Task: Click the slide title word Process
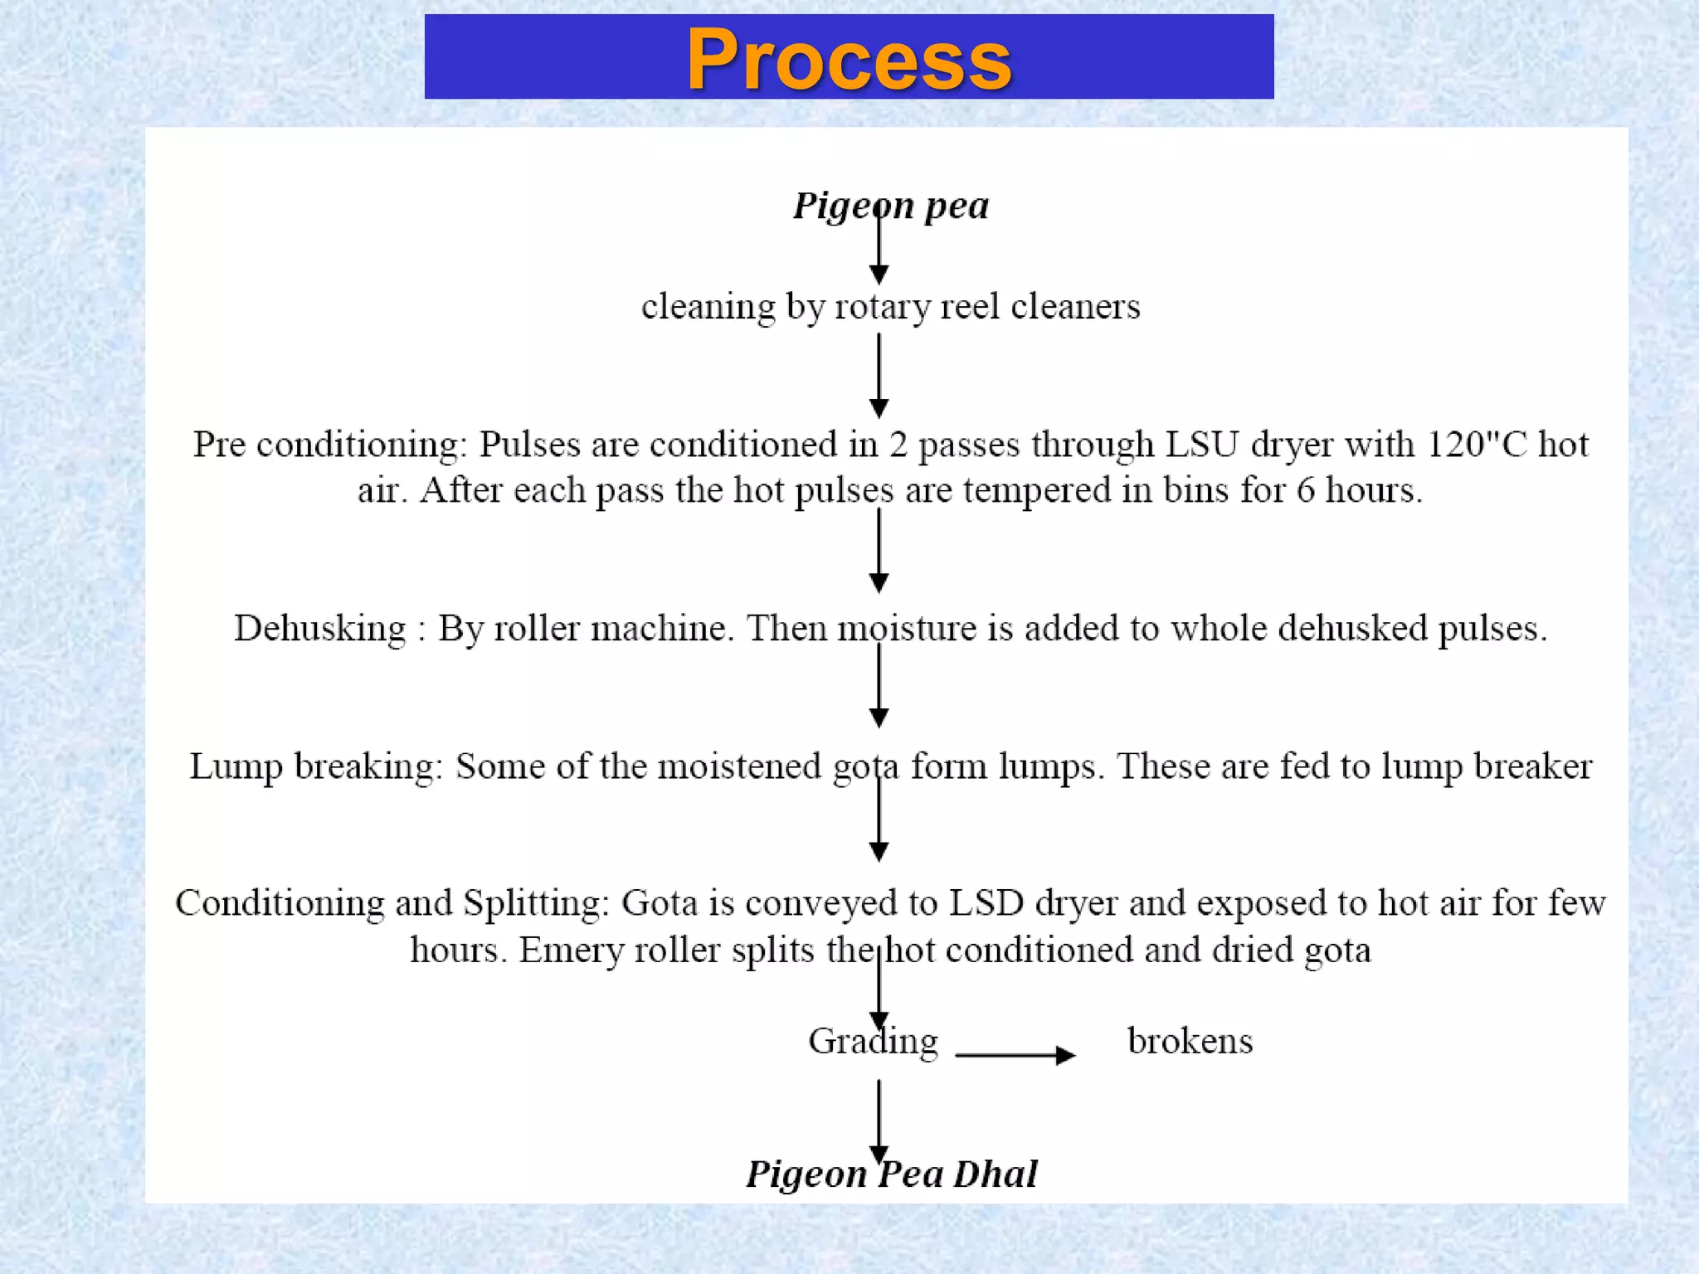tap(849, 60)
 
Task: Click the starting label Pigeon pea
tap(891, 206)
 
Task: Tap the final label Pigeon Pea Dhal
tap(891, 1173)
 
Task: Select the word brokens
tap(1190, 1041)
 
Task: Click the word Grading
tap(873, 1042)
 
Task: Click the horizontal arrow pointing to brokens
tap(1015, 1055)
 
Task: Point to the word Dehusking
tap(320, 628)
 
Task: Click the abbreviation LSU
tap(1202, 445)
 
